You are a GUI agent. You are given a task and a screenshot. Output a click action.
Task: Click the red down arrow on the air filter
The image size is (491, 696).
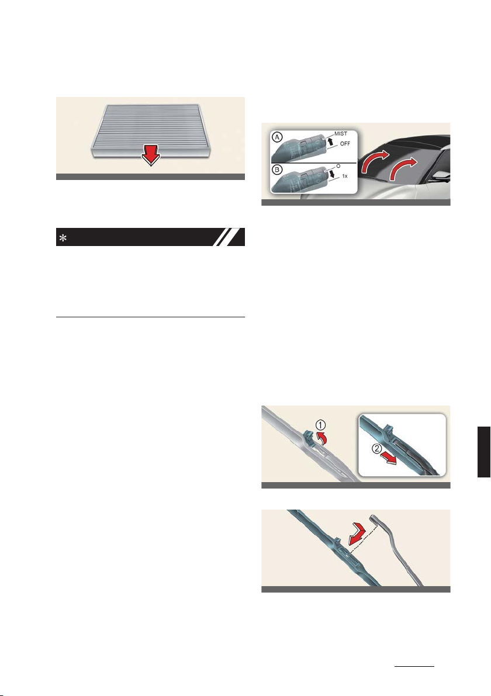tap(150, 156)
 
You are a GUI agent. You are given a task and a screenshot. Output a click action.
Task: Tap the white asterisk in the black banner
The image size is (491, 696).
tap(63, 238)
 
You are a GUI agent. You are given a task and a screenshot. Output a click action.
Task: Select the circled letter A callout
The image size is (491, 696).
tap(278, 137)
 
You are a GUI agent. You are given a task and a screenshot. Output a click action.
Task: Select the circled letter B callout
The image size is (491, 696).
tap(278, 169)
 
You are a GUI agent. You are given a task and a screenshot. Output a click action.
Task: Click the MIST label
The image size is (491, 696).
tap(341, 134)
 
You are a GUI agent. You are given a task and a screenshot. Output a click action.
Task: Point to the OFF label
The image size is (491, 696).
tap(345, 143)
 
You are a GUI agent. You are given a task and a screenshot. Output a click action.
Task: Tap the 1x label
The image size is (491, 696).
tap(344, 176)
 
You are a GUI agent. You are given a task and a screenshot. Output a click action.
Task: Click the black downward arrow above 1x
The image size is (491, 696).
tap(331, 177)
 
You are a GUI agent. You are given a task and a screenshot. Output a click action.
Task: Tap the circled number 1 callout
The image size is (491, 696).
tap(320, 425)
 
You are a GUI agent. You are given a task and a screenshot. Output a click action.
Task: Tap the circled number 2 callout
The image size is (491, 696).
tap(376, 449)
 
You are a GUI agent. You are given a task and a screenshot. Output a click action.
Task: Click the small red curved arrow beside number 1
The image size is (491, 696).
tap(323, 439)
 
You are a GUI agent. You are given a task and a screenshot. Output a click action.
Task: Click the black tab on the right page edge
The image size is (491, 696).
tap(484, 452)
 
